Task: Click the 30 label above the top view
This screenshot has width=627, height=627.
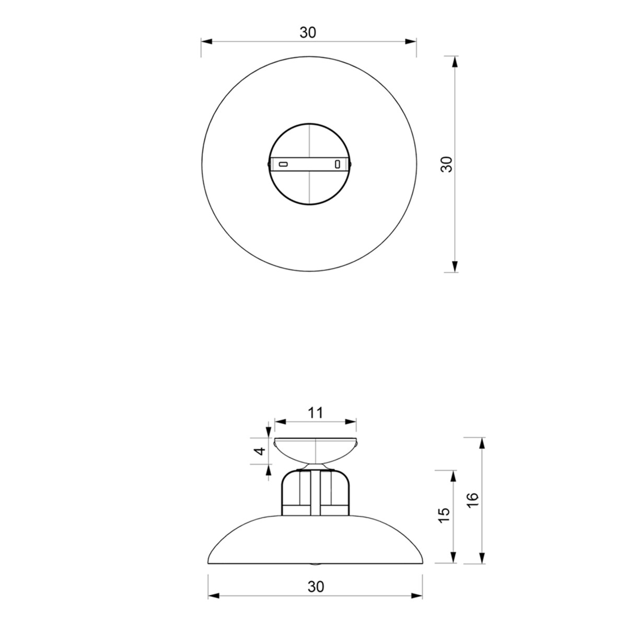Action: click(x=308, y=32)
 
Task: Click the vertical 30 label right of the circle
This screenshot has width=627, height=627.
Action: click(x=446, y=164)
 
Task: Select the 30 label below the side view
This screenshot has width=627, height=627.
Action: click(x=316, y=587)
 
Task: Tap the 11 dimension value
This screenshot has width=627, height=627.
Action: click(x=315, y=413)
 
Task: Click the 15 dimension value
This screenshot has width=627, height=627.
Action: click(x=444, y=516)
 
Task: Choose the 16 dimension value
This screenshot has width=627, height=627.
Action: click(x=472, y=501)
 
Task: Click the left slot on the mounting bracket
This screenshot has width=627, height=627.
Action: click(x=283, y=164)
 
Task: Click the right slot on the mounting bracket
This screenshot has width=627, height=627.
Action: click(x=337, y=164)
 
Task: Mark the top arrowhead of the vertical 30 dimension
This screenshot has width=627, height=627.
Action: click(x=455, y=61)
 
